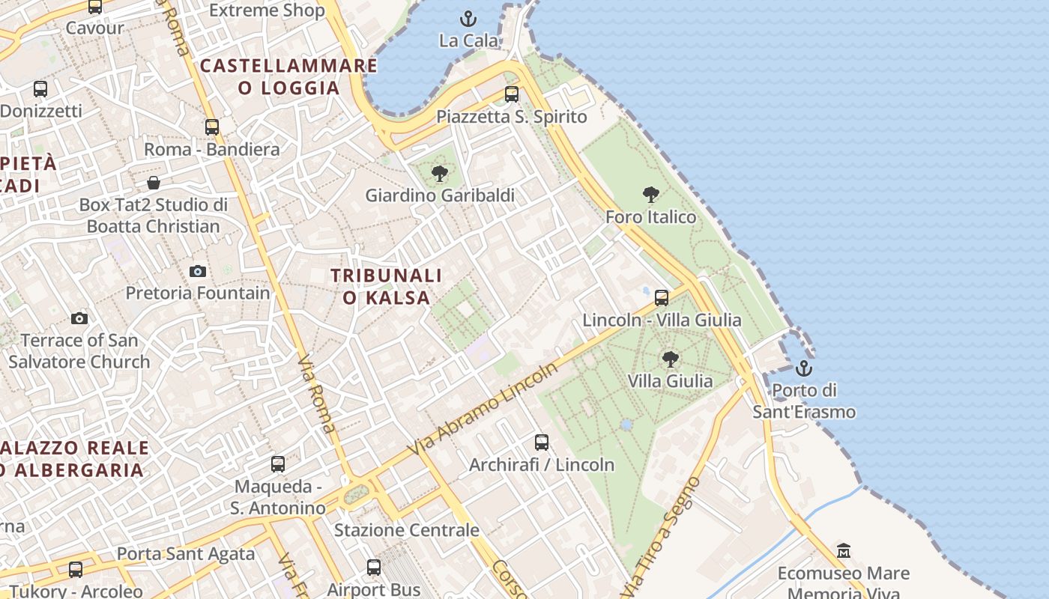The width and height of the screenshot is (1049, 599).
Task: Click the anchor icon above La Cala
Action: [468, 18]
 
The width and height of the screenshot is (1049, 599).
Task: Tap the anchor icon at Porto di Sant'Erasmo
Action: [803, 368]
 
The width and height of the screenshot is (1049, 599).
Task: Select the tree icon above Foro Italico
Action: [651, 195]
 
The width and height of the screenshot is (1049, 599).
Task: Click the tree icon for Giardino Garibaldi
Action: [440, 174]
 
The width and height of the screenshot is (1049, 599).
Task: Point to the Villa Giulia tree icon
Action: [671, 359]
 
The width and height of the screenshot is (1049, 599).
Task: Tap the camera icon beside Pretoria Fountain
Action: [198, 271]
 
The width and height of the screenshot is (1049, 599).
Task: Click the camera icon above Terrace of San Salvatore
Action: [79, 319]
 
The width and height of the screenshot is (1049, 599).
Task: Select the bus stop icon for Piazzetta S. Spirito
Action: [512, 94]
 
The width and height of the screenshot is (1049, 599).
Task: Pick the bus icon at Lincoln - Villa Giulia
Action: [662, 298]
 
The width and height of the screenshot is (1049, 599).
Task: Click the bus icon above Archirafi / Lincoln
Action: [542, 443]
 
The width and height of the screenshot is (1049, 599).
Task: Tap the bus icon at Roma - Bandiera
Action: [212, 127]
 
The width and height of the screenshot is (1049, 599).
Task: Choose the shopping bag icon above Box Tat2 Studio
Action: [154, 183]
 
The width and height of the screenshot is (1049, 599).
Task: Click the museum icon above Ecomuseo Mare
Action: [844, 550]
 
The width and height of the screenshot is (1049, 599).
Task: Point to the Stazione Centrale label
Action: [406, 530]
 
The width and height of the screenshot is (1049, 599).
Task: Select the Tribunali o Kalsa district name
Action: [387, 287]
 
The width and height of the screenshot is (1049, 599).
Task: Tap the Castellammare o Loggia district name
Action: [289, 76]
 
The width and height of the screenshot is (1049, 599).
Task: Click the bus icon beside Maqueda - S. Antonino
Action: [278, 464]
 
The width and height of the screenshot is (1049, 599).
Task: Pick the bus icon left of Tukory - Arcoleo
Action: [76, 570]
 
